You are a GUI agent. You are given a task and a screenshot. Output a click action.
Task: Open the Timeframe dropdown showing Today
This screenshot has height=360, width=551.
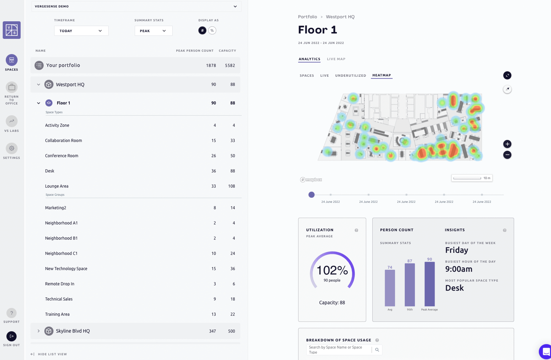pos(81,31)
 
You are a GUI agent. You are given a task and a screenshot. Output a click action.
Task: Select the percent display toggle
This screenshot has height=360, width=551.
pos(212,31)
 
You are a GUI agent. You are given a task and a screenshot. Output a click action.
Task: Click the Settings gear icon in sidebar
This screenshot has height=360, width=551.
pos(12,148)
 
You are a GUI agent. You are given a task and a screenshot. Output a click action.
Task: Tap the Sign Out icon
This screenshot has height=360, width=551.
pos(12,336)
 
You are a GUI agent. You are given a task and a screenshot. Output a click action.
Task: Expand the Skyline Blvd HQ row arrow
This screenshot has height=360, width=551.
pos(38,331)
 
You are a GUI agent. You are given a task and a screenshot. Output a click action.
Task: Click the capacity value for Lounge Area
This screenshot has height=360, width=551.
pos(231,186)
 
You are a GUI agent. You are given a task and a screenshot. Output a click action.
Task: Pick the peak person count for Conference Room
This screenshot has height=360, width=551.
pos(214,156)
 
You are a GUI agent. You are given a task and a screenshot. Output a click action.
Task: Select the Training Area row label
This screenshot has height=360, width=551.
pos(57,314)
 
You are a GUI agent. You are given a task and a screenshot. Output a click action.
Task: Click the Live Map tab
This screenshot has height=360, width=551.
pos(336,59)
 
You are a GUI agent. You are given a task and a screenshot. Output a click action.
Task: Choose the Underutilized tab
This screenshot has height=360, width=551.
pos(350,76)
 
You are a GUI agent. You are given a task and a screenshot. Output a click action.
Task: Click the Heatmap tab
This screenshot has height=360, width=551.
pos(381,75)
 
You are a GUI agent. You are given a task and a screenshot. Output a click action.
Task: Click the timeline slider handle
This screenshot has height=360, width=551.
pos(312,195)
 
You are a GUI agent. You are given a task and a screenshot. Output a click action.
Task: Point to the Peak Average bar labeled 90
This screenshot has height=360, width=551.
pos(429,284)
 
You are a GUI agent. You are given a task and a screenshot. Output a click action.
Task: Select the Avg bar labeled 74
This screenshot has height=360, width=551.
pos(390,288)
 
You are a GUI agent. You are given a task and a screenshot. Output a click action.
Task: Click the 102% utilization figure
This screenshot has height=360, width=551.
pos(332,270)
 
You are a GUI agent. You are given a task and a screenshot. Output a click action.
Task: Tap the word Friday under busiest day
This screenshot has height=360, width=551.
pos(456,250)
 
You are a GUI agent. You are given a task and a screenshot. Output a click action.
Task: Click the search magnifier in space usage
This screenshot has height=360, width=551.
pos(377,350)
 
